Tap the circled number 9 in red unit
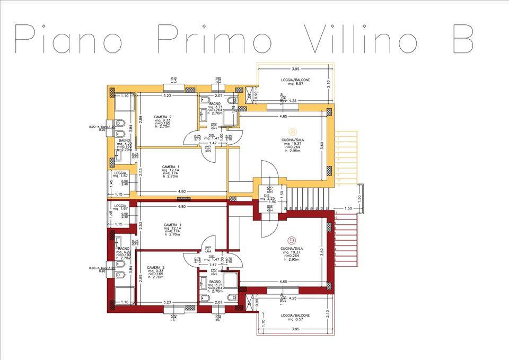pyautogui.click(x=292, y=240)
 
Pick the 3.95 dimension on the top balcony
pyautogui.click(x=296, y=69)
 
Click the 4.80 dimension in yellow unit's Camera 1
pyautogui.click(x=182, y=191)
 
